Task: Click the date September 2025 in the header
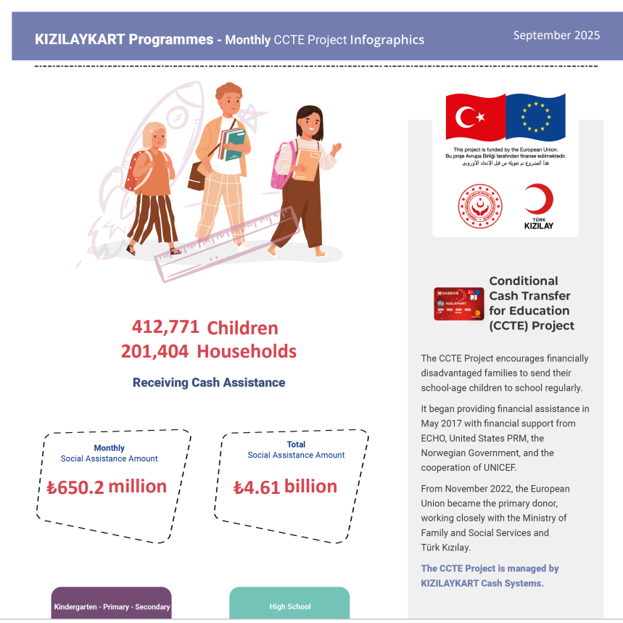556,35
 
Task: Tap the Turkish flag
475,117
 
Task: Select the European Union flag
535,117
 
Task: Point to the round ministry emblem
479,206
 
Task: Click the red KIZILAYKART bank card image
458,304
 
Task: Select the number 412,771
165,327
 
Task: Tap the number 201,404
154,352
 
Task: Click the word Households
247,352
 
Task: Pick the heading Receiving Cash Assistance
209,382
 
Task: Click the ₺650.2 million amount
106,487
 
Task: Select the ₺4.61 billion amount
285,487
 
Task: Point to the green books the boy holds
234,143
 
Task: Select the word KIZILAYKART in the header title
80,39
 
